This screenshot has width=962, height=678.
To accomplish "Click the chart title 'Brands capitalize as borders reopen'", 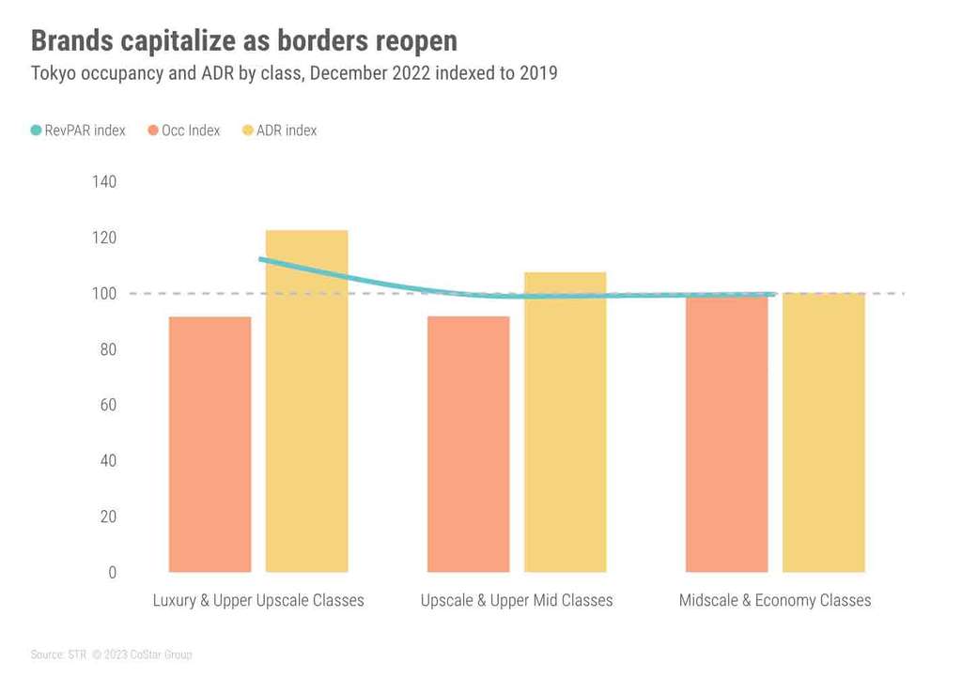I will [x=244, y=40].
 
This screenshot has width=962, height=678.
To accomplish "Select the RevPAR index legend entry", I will [x=78, y=131].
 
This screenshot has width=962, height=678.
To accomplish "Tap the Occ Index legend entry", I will [x=184, y=131].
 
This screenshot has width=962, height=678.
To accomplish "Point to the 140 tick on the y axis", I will [x=104, y=181].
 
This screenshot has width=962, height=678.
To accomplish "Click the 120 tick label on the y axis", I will [x=104, y=238].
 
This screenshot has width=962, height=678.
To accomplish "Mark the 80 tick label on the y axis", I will [x=106, y=349].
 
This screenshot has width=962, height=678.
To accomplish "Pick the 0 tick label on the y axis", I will [x=112, y=572].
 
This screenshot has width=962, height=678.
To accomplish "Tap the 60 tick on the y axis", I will [x=106, y=405].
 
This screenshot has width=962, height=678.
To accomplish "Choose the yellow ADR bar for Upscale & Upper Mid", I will [x=565, y=422].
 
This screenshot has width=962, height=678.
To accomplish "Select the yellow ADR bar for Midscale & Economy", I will [x=823, y=433].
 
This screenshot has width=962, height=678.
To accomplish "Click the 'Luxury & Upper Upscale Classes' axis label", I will [x=258, y=600].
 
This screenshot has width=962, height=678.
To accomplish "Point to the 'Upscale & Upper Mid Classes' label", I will [x=517, y=600].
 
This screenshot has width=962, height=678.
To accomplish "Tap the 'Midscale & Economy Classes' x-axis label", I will [x=775, y=600].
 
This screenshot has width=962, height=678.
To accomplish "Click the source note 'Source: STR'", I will [x=58, y=655].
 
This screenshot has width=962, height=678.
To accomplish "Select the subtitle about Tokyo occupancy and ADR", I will [x=294, y=73].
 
